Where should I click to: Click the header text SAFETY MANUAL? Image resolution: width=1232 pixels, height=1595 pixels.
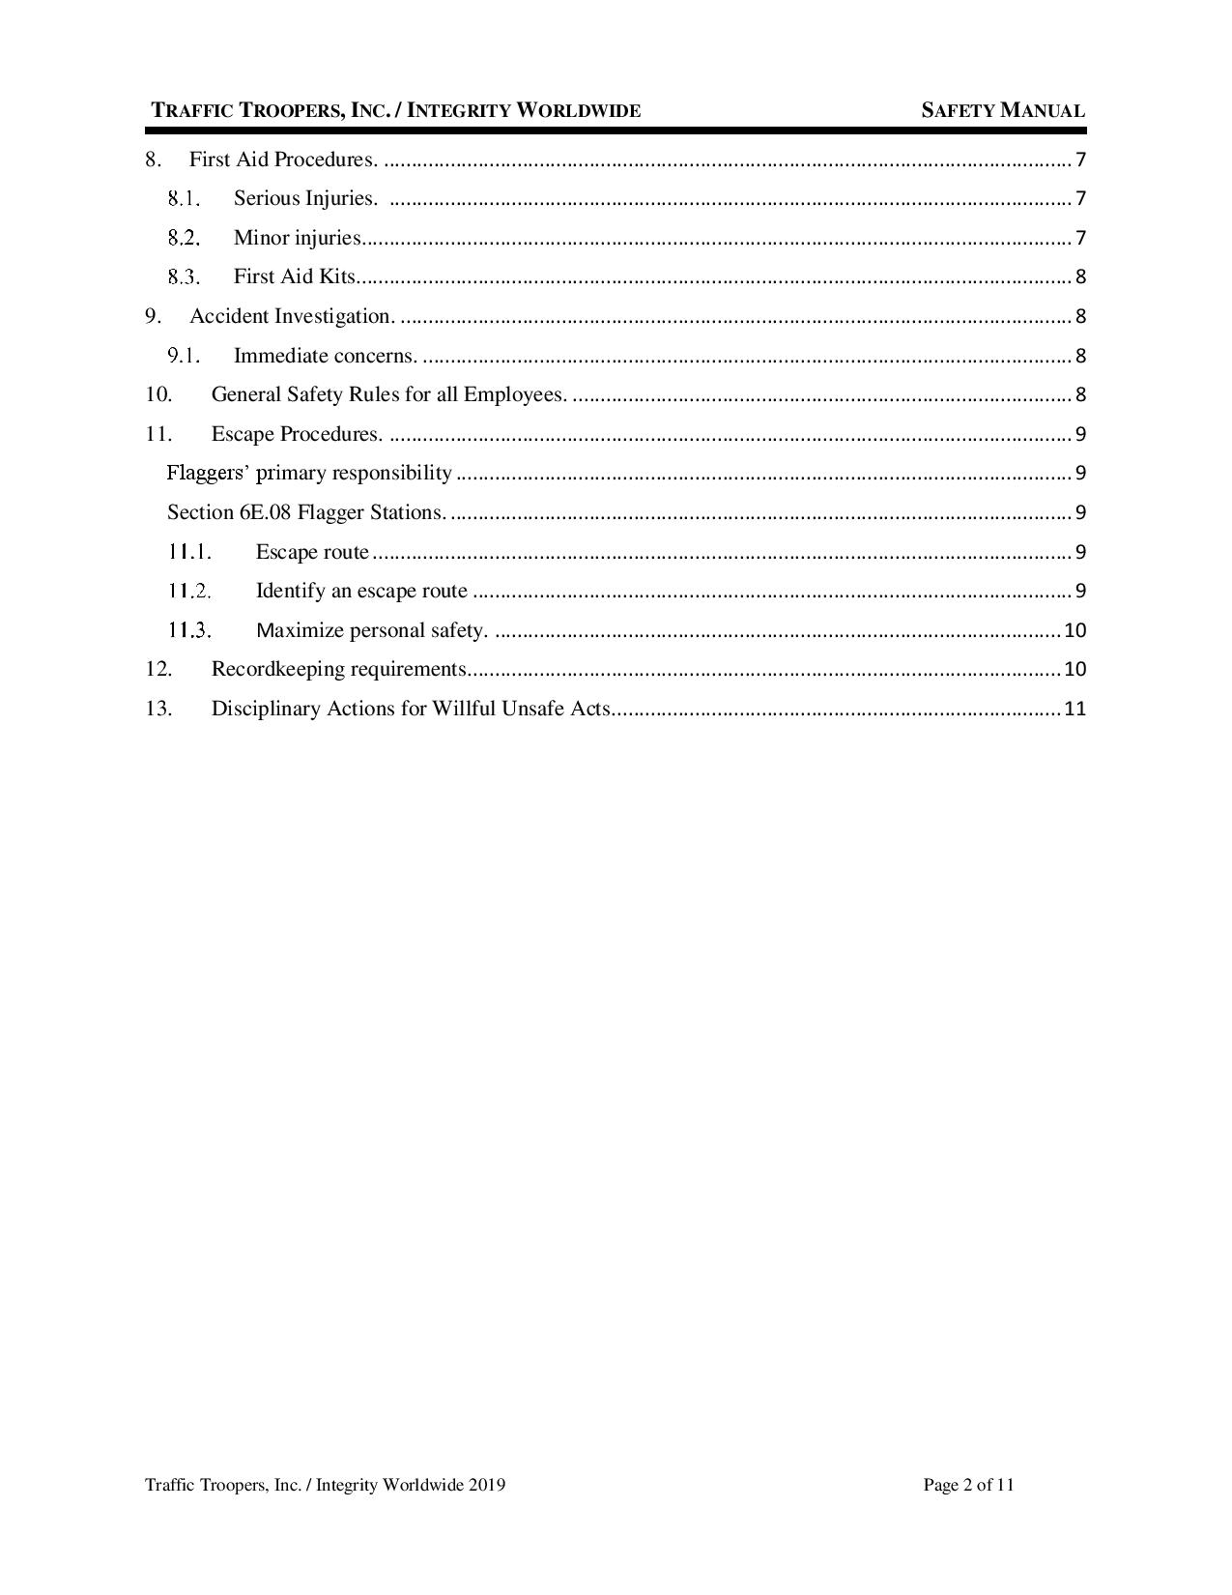(x=1002, y=110)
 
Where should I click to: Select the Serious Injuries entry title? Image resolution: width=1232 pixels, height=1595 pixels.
(x=304, y=198)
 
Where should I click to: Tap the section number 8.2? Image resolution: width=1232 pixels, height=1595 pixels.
(x=183, y=238)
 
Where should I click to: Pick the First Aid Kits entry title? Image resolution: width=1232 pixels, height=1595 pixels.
(x=295, y=276)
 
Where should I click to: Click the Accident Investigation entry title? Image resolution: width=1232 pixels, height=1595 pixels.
(x=292, y=316)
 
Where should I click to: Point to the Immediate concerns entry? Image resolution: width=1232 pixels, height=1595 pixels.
(x=326, y=356)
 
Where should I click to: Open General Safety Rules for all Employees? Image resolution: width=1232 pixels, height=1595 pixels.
(x=388, y=394)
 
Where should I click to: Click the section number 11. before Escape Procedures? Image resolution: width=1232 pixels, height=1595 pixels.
(x=158, y=434)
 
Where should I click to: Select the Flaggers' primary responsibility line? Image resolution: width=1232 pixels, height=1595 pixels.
(x=309, y=473)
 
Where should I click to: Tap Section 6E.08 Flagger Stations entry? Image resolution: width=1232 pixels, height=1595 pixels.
(x=306, y=512)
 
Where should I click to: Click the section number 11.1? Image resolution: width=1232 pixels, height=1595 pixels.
(x=188, y=552)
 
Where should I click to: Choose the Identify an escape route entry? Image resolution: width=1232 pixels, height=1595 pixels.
(x=361, y=591)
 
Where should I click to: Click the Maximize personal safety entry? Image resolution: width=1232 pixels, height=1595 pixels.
(x=371, y=630)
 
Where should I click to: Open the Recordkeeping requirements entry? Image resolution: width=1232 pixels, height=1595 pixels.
(x=339, y=669)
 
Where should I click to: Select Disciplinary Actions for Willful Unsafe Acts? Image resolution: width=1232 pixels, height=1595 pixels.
(x=411, y=709)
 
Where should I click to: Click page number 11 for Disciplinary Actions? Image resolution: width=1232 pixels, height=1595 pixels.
(x=1074, y=709)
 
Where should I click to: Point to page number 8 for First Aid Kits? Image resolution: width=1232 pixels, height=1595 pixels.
(x=1080, y=276)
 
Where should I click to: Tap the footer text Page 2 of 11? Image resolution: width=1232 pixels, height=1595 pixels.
(x=968, y=1485)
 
